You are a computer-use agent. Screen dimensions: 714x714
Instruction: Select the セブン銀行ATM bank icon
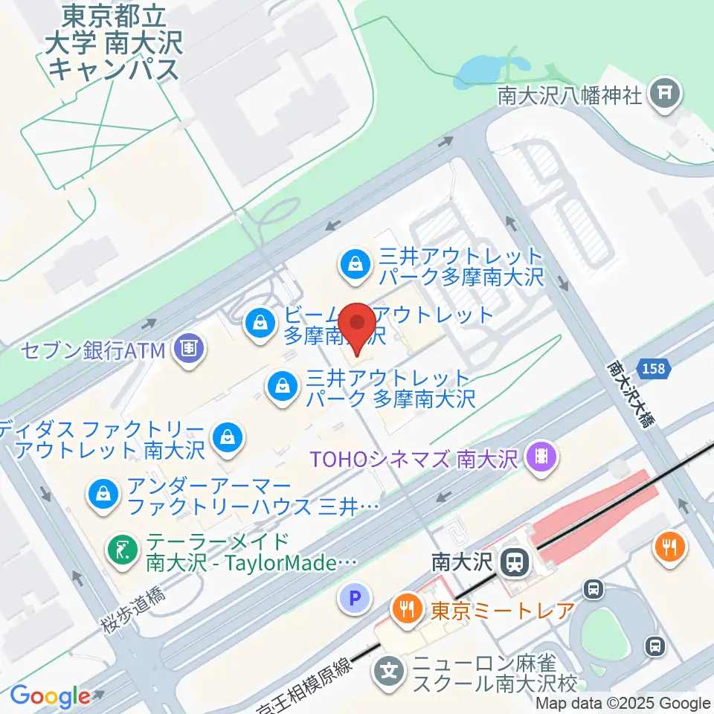[x=187, y=348]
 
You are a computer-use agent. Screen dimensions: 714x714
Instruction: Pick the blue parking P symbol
[x=354, y=596]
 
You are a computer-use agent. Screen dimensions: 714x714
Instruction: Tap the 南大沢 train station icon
[x=513, y=562]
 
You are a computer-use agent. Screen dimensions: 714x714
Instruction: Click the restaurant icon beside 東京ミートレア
[x=406, y=611]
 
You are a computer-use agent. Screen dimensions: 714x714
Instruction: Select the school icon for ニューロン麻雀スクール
[x=389, y=672]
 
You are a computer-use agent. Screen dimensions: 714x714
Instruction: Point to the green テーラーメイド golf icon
[x=120, y=551]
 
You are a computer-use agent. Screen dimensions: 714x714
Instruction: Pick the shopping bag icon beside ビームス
[x=260, y=323]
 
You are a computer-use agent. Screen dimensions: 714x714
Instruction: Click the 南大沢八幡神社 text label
[x=570, y=96]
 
